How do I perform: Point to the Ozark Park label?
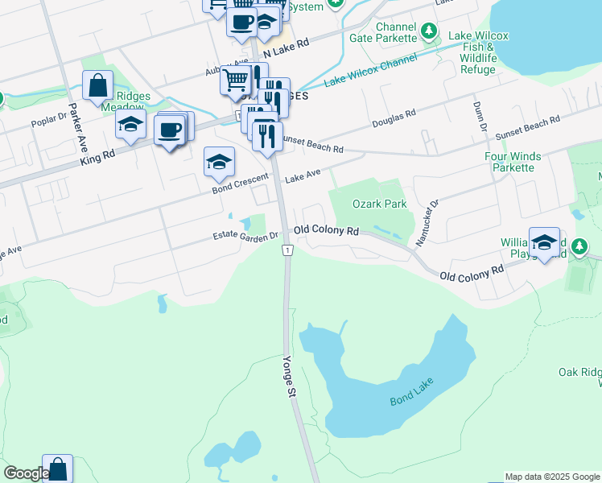click(x=380, y=204)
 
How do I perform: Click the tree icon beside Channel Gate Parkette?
click(x=431, y=32)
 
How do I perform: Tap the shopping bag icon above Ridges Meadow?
click(x=97, y=85)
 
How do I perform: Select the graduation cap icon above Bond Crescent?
click(x=219, y=162)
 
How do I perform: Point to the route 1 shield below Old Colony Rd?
click(x=287, y=251)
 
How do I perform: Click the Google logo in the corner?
click(x=26, y=473)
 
